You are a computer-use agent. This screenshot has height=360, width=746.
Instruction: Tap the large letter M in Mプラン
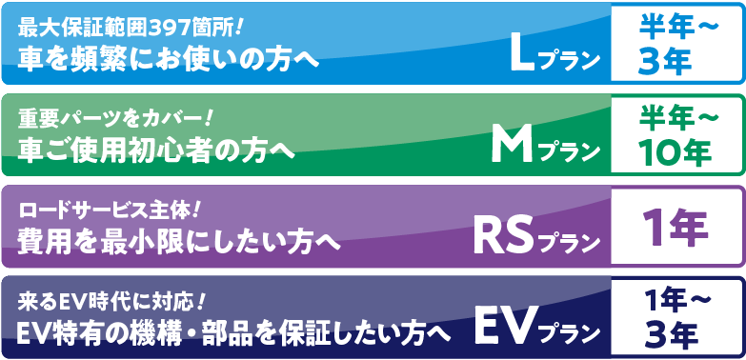pyautogui.click(x=514, y=145)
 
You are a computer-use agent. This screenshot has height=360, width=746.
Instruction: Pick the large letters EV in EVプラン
pyautogui.click(x=505, y=326)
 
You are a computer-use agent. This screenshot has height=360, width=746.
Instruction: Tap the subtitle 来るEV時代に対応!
pyautogui.click(x=112, y=302)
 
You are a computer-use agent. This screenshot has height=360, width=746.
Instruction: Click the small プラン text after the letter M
pyautogui.click(x=570, y=152)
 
